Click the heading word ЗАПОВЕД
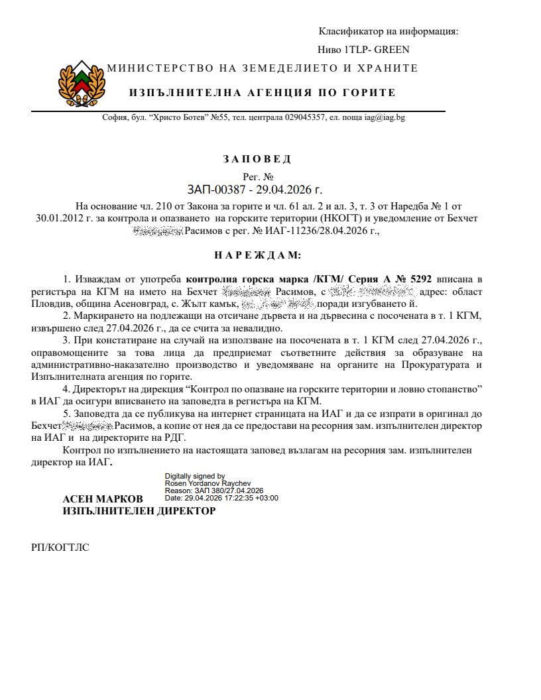(257, 159)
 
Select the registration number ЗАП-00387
(217, 191)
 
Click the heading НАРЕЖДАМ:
(257, 255)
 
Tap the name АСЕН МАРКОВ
(102, 498)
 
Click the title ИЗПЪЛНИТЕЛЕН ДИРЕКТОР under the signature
(139, 511)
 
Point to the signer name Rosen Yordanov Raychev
(208, 483)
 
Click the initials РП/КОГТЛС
(60, 548)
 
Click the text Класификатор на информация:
(389, 31)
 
